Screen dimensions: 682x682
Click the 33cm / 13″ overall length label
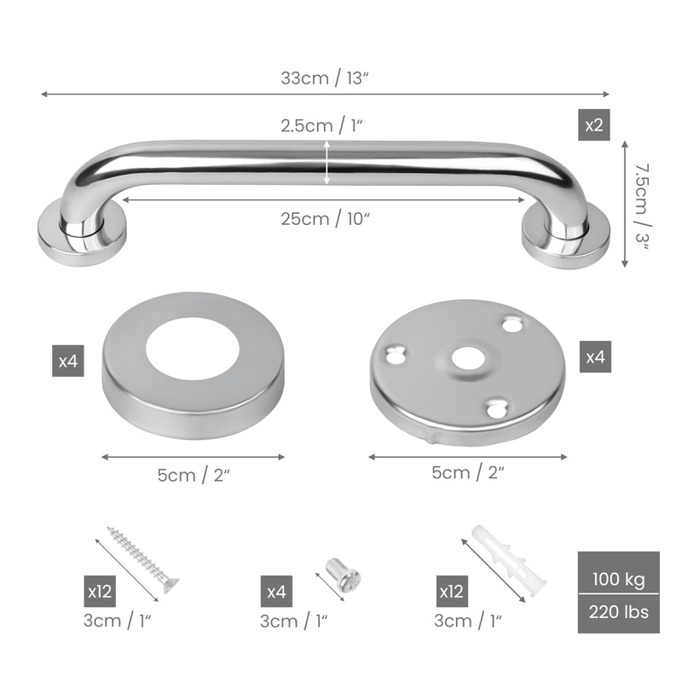point(325,78)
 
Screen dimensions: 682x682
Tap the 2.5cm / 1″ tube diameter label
point(321,126)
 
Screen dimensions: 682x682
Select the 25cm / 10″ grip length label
point(325,219)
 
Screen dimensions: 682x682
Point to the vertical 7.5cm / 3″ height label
point(642,206)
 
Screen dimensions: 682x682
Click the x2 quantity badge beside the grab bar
point(593,124)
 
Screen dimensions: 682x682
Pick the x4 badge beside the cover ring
point(68,361)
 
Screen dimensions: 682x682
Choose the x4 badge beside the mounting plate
point(595,356)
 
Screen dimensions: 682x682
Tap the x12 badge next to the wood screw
point(100,591)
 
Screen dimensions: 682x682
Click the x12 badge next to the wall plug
point(452,591)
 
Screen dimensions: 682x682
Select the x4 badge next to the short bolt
point(276,591)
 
